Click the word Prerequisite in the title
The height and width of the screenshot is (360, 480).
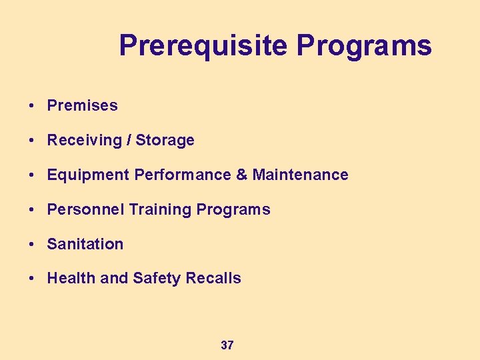[x=204, y=46]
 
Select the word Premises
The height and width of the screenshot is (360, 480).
[x=82, y=105]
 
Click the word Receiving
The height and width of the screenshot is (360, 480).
[x=88, y=140]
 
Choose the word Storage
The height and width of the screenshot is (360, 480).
[x=165, y=140]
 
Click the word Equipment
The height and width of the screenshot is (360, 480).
[x=88, y=175]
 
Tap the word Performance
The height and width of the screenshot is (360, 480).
[x=182, y=175]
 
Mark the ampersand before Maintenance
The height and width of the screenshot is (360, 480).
[x=241, y=175]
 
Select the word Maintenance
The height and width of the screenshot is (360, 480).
[x=300, y=175]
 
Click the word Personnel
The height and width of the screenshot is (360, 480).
[x=85, y=209]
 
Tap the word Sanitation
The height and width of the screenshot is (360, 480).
[x=85, y=244]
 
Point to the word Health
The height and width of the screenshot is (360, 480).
[x=71, y=279]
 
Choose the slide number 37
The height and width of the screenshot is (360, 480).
[x=227, y=345]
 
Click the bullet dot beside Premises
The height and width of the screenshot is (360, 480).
[x=32, y=106]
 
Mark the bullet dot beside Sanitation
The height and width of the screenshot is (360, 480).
[x=32, y=245]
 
